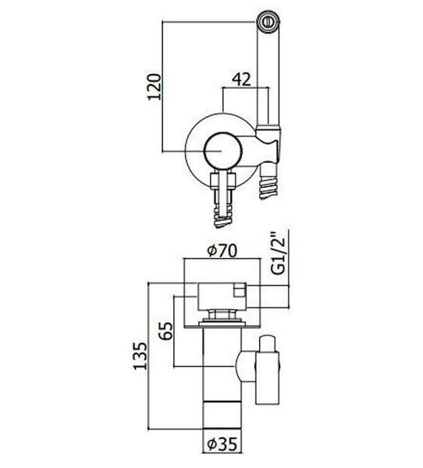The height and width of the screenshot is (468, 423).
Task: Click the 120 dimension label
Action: (155, 87)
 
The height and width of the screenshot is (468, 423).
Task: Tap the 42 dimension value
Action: (242, 80)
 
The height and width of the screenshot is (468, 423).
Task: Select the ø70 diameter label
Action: (222, 250)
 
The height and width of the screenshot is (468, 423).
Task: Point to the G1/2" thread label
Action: (278, 252)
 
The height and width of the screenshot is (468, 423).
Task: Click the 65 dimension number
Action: (166, 331)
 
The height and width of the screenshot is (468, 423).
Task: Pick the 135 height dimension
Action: (140, 356)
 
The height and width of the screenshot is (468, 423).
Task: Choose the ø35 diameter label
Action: (222, 452)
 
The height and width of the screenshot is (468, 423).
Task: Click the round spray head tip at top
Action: (268, 22)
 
